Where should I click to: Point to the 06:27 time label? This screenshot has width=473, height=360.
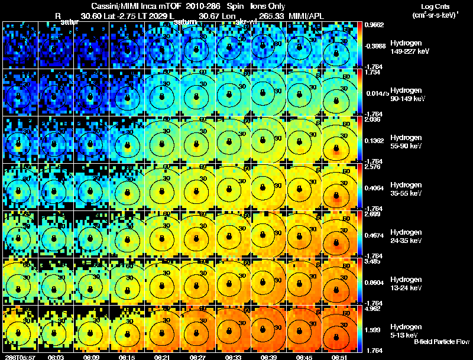(197, 357)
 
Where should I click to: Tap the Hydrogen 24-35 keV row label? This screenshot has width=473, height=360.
(407, 236)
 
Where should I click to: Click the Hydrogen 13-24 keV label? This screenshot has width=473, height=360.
(407, 283)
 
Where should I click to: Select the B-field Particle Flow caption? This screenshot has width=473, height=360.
(441, 342)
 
